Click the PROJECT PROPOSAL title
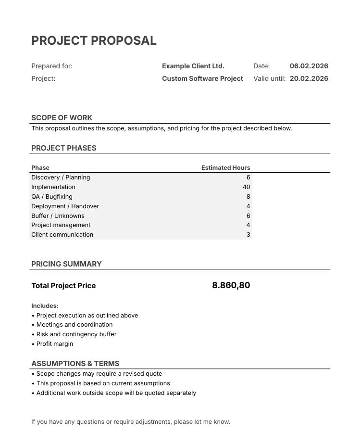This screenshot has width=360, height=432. click(x=94, y=41)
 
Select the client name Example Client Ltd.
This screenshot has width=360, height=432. click(x=193, y=66)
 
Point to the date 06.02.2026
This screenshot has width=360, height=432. click(x=309, y=66)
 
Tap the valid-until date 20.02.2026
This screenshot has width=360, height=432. click(x=309, y=78)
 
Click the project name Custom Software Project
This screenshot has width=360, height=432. click(x=202, y=78)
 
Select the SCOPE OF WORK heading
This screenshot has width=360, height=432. click(x=62, y=118)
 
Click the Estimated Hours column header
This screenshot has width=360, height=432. click(x=225, y=168)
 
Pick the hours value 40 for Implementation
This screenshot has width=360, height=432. click(x=246, y=187)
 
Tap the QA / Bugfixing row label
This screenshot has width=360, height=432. click(x=52, y=197)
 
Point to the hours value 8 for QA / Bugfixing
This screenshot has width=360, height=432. click(x=248, y=197)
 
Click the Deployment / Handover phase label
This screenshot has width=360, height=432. click(x=65, y=206)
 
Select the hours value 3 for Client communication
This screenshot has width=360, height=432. click(x=248, y=235)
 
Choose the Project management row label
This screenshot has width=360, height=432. click(x=61, y=225)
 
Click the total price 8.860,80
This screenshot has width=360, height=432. click(x=231, y=285)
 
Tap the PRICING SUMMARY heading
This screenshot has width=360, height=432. click(x=66, y=264)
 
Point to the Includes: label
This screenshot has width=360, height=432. click(x=45, y=306)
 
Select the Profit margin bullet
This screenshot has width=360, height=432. click(x=54, y=344)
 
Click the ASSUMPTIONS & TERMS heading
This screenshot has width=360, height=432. click(x=75, y=364)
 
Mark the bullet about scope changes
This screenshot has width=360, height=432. click(x=99, y=374)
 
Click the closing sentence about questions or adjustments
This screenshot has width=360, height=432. click(x=131, y=422)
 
